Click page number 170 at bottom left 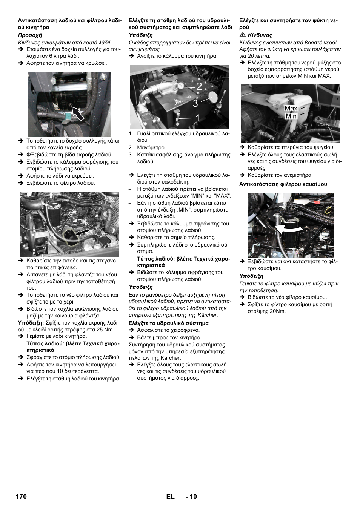21,497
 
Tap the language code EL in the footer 170,497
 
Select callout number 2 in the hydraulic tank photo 199,86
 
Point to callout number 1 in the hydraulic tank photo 197,118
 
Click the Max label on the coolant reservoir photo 291,109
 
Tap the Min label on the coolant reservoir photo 291,116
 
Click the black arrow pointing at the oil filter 83,232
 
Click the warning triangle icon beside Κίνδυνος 243,35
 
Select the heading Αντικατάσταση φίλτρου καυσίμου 283,184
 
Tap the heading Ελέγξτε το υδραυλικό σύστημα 168,323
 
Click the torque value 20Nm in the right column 278,311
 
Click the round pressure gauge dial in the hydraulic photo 182,85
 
